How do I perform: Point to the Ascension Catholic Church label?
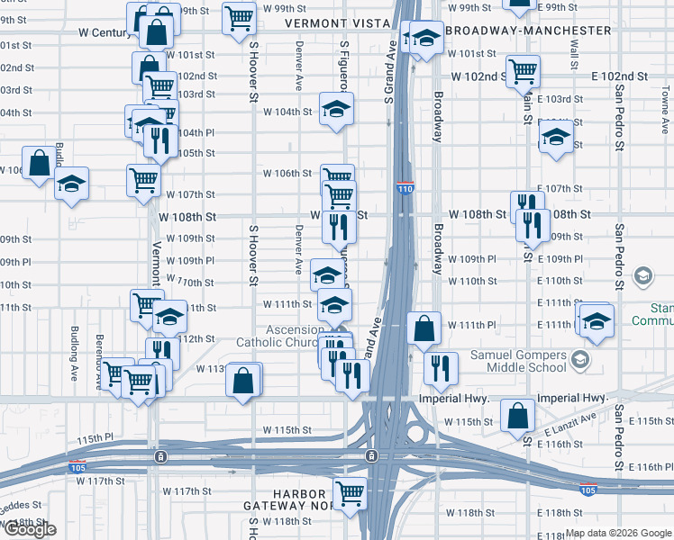coord(278,336)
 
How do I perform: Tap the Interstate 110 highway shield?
coord(405,187)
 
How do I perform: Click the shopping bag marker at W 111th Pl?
coord(424,328)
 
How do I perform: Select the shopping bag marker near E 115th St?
coord(517,416)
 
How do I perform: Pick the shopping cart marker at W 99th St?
coord(239,16)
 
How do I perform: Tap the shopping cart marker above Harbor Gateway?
coord(349,492)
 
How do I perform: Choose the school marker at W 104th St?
coord(336,110)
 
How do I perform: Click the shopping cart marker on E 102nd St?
coord(523,70)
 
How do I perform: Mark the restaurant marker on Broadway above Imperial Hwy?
coord(441,366)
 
